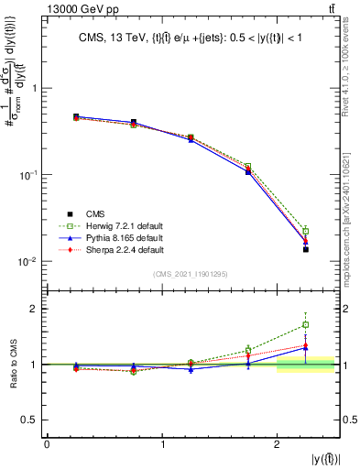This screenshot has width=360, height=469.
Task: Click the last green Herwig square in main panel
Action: (x=306, y=231)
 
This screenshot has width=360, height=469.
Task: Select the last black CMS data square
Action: (x=306, y=249)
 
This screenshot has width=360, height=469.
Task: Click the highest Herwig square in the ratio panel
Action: (x=306, y=324)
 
